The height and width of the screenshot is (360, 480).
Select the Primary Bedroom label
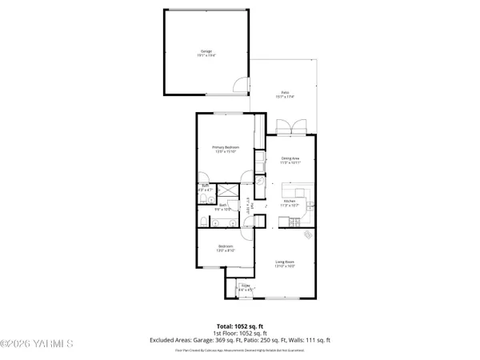point(226,147)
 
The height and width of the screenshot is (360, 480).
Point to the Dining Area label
point(290,158)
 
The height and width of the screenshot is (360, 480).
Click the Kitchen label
point(290,201)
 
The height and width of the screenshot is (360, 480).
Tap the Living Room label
point(286,261)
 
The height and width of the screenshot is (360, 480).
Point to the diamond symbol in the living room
point(310,234)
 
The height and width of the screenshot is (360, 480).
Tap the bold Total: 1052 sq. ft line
point(240,326)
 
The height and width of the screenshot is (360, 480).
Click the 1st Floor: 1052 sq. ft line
point(240,334)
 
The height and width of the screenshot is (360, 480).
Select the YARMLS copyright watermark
point(37,345)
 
